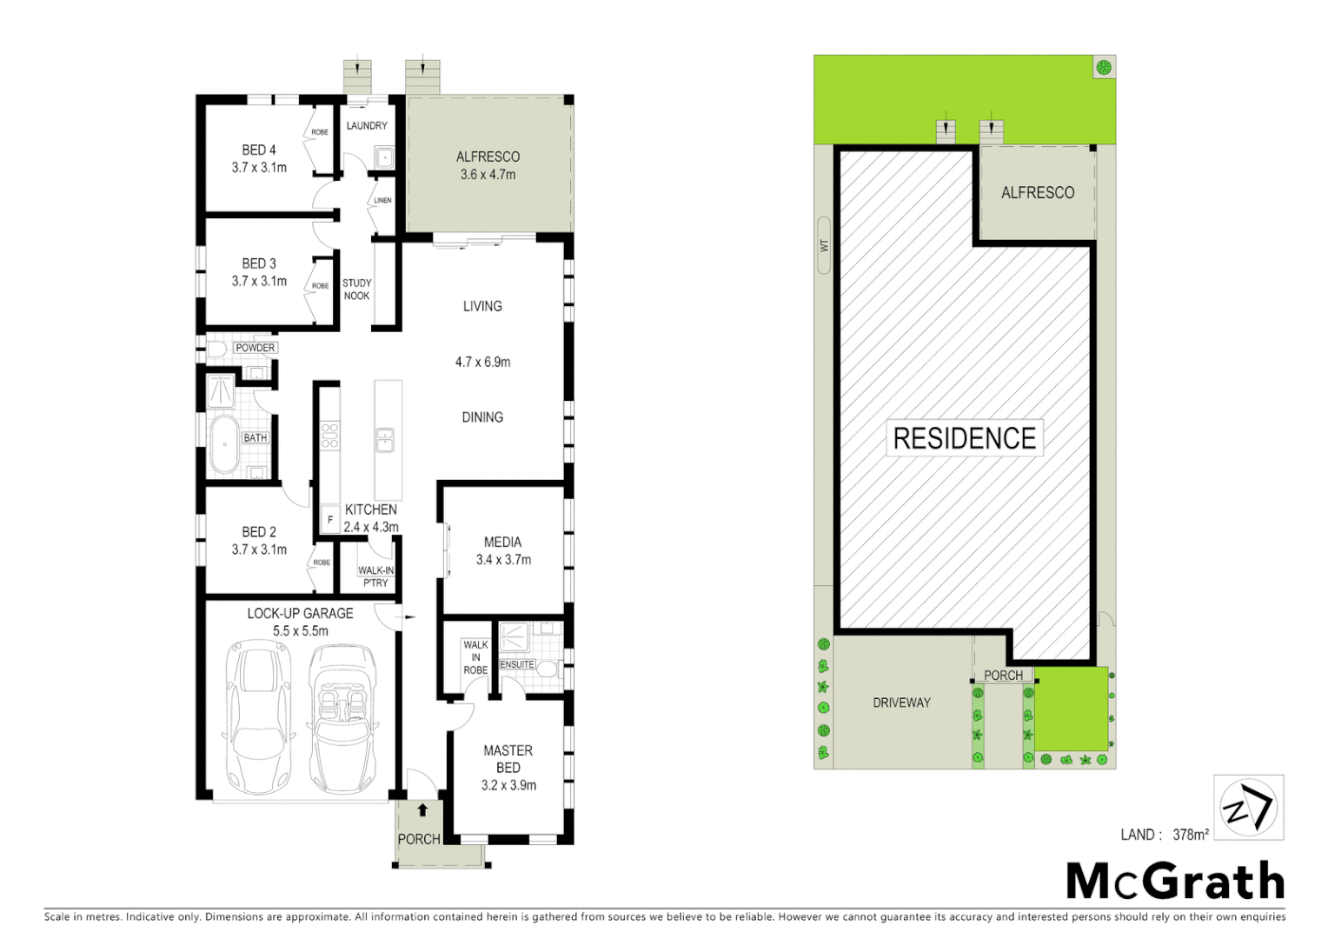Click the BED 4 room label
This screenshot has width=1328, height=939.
point(259,150)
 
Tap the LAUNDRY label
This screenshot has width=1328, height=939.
point(367,126)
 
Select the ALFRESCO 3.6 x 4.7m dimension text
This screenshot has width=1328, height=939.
point(488,175)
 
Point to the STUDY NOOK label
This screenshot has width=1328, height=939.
point(356,290)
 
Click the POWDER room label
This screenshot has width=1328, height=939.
point(255,348)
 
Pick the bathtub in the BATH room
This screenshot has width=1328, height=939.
point(224,444)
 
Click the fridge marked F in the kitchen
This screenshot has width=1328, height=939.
point(329,519)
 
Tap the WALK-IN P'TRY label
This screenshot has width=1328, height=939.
point(375,576)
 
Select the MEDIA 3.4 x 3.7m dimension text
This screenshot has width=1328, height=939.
point(503,560)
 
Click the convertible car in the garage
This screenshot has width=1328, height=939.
point(344,717)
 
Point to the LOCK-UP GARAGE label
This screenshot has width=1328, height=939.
point(300,614)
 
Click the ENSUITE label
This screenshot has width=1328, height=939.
point(517,664)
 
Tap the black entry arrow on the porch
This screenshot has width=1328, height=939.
point(422,810)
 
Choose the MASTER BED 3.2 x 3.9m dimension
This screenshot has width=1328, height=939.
point(508,785)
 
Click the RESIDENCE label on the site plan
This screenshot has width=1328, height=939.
point(964,438)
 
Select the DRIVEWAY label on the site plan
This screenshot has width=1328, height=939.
point(901,703)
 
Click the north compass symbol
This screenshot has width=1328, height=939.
point(1248,808)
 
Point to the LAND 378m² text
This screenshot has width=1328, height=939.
point(1165,835)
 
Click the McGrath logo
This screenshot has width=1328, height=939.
point(1175,882)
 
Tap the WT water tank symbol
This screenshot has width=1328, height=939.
point(824,245)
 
